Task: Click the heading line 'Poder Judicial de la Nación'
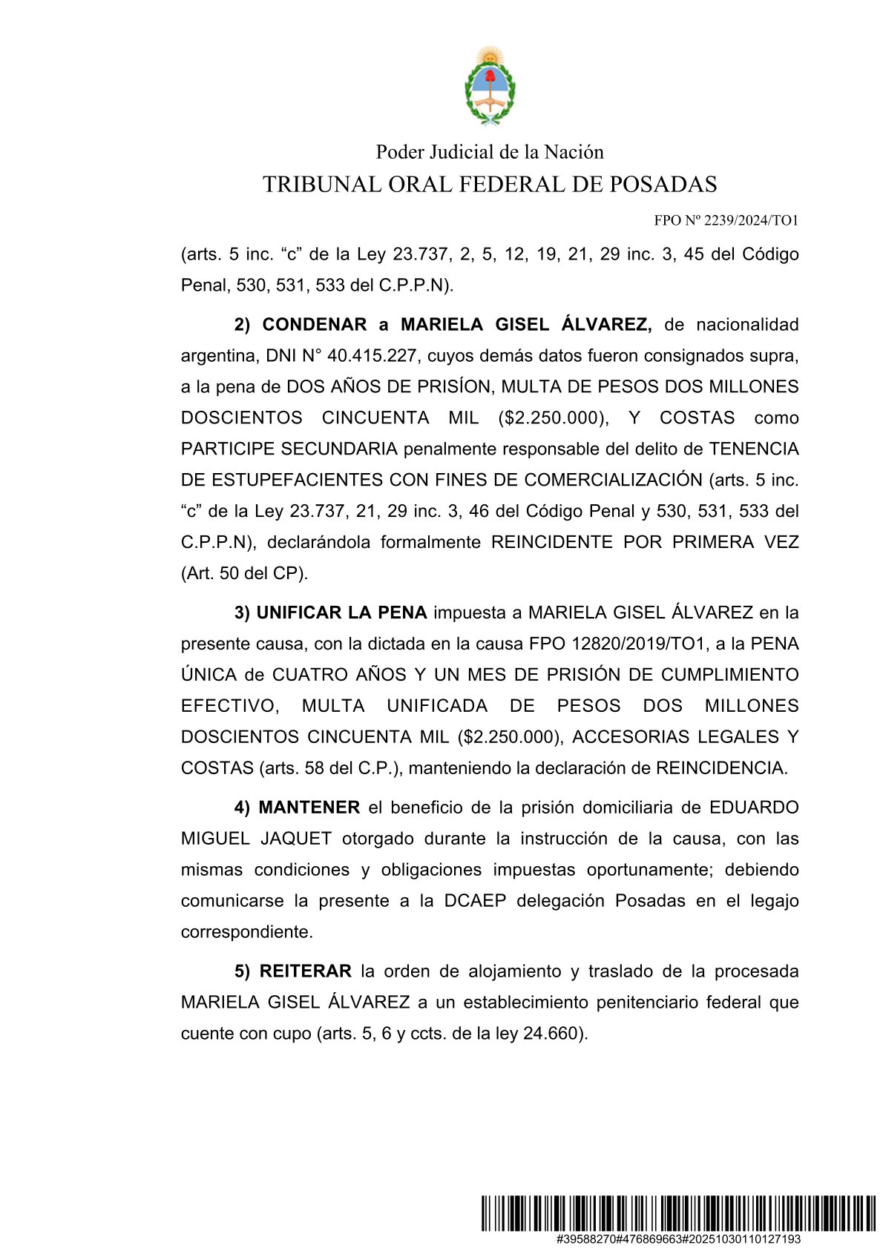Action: click(490, 152)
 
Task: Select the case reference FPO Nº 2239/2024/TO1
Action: click(726, 220)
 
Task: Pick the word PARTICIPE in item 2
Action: click(229, 449)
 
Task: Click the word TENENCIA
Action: click(754, 449)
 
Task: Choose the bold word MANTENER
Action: click(309, 808)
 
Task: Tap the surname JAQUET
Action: click(296, 839)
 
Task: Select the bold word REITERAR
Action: click(305, 972)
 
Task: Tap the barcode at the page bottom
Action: click(677, 1213)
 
